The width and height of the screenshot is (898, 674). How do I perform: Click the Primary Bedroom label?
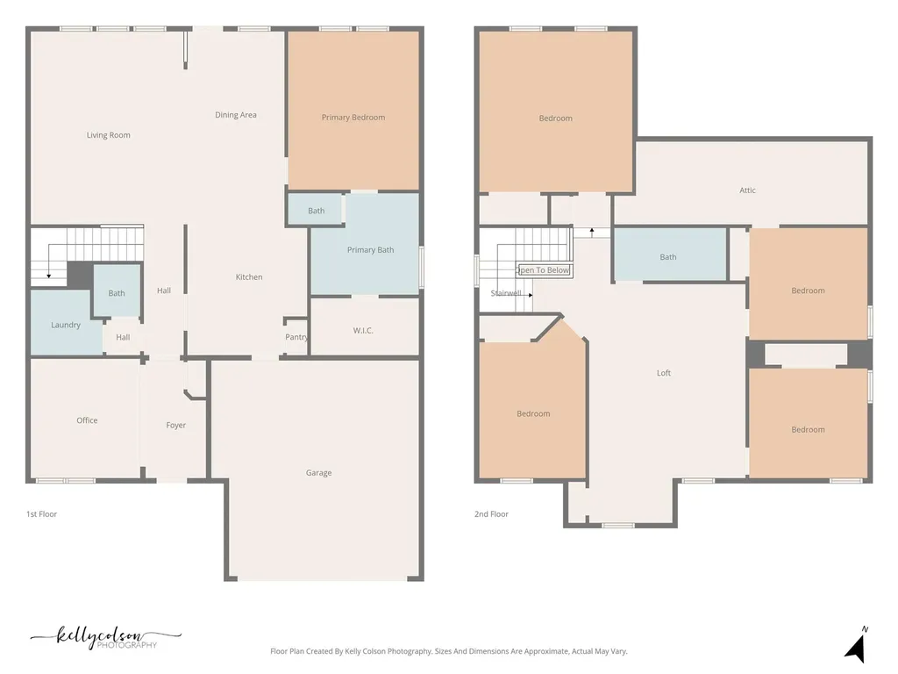(x=353, y=118)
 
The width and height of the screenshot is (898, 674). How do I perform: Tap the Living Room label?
(x=108, y=135)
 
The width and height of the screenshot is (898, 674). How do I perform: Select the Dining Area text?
(x=235, y=115)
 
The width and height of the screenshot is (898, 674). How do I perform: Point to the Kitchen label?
(x=249, y=276)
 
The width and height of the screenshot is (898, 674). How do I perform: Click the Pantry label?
(x=296, y=337)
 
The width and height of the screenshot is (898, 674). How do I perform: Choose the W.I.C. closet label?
(x=363, y=331)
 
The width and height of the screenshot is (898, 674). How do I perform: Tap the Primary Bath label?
(x=371, y=250)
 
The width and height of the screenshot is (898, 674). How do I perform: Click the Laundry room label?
(x=66, y=325)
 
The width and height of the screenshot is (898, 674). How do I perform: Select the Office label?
(x=87, y=420)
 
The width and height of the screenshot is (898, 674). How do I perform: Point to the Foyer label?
(x=175, y=426)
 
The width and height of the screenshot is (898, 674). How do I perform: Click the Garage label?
(x=318, y=473)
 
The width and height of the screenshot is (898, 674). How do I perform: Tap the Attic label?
(x=747, y=190)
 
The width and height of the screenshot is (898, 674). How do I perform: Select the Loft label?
(x=664, y=373)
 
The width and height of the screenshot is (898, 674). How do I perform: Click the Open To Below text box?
(x=544, y=270)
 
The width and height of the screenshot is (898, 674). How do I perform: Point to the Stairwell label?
(x=506, y=293)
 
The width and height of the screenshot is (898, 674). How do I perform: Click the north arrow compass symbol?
(x=856, y=646)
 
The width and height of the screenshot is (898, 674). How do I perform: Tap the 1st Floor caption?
(x=42, y=514)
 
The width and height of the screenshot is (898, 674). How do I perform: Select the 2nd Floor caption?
(x=491, y=514)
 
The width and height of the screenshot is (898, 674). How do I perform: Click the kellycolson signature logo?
(x=106, y=637)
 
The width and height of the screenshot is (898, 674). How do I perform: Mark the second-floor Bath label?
(x=668, y=257)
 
